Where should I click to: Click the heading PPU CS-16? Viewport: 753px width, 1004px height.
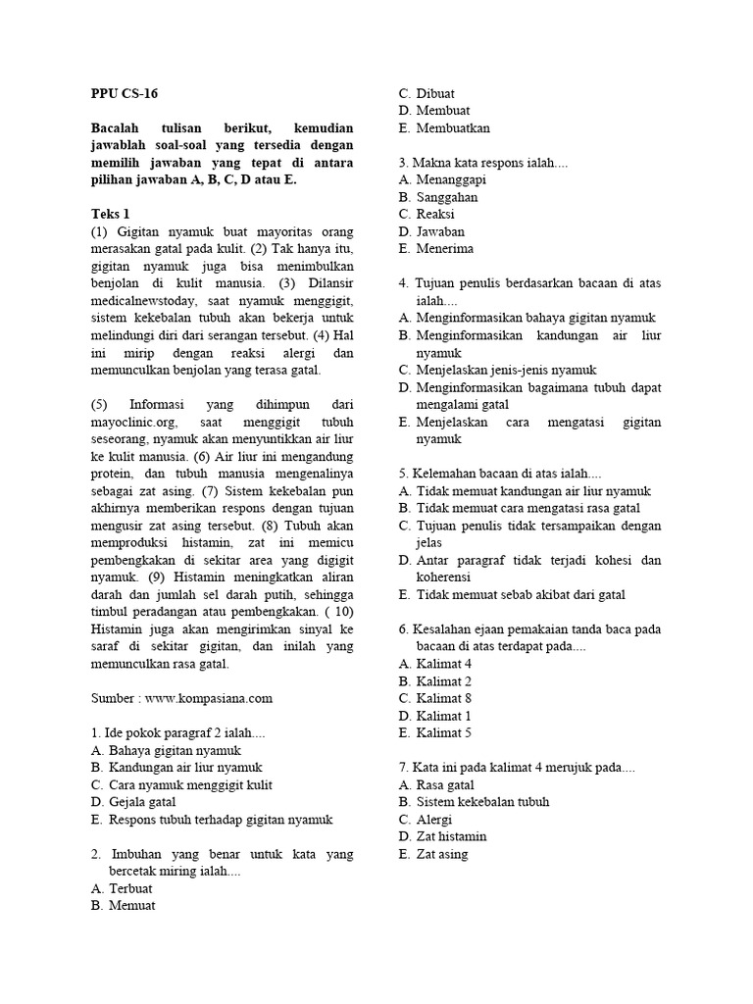(124, 94)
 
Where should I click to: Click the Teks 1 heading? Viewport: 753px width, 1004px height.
(110, 213)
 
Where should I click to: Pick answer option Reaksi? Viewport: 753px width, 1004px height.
(435, 215)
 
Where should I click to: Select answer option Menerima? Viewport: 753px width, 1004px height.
(444, 249)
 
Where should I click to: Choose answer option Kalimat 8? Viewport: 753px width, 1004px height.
(444, 697)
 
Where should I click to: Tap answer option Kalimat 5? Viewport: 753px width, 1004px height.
(444, 732)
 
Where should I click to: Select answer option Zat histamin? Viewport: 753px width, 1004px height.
(451, 836)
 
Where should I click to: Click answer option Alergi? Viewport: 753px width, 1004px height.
(434, 819)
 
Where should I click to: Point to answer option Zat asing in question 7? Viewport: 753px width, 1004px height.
(442, 854)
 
